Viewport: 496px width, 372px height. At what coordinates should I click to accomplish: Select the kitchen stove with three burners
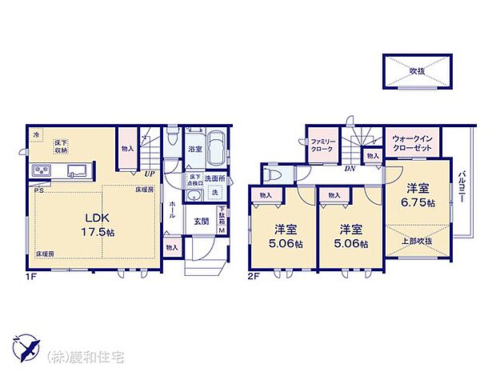click(42, 171)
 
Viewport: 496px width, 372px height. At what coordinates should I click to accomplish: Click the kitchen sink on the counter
click(78, 170)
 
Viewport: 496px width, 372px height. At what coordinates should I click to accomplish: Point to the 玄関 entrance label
click(202, 222)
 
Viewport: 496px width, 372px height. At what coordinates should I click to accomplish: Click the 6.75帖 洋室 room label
click(419, 196)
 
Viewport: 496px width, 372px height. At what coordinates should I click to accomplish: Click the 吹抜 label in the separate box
click(417, 71)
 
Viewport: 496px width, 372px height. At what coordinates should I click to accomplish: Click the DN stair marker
click(350, 169)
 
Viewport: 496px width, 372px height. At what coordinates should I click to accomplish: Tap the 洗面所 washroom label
click(214, 178)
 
